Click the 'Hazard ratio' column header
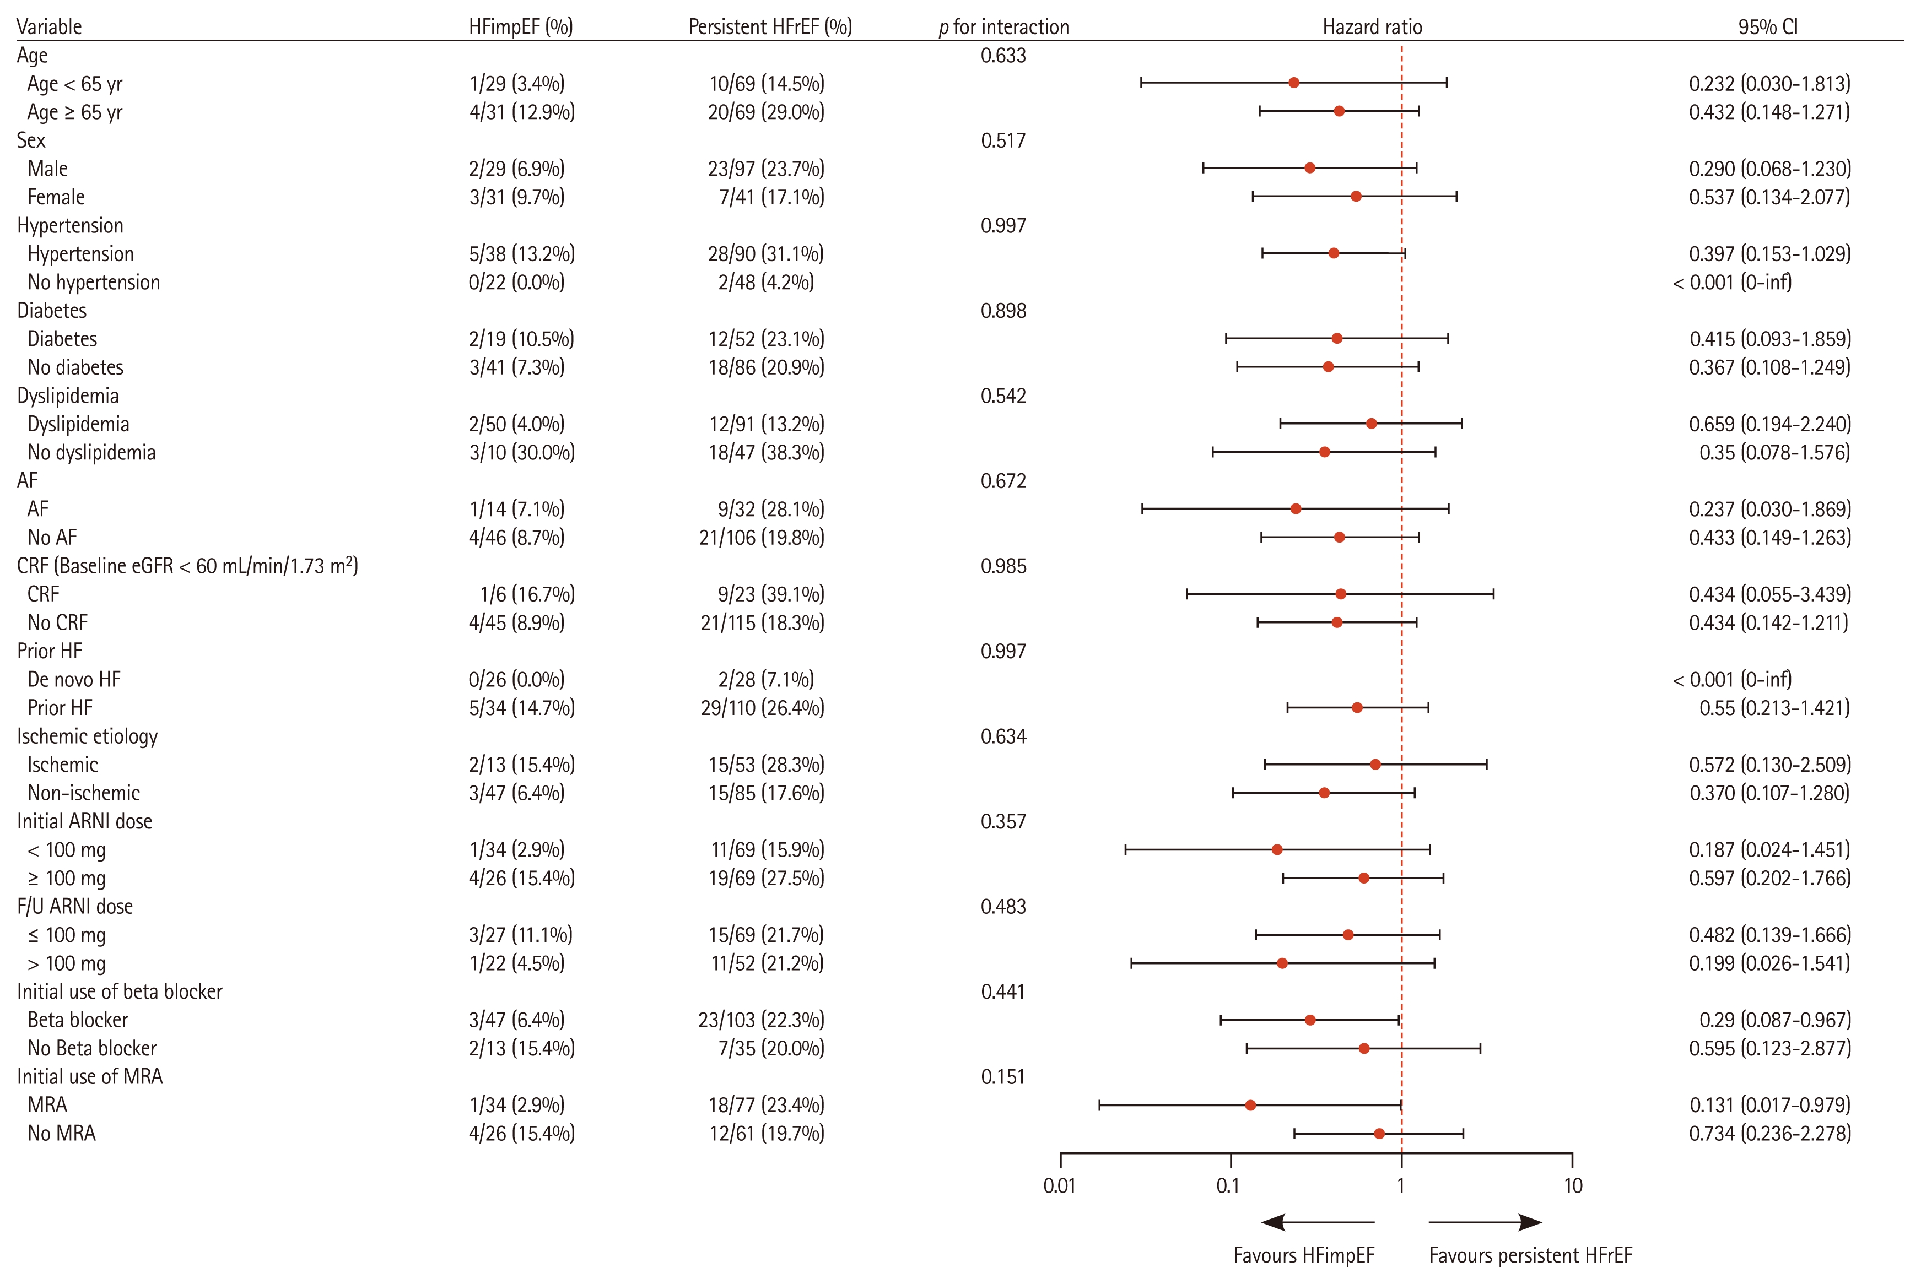[1372, 27]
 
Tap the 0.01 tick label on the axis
[1059, 1186]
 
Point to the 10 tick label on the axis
[1573, 1186]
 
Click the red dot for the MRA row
[1250, 1106]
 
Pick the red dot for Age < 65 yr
[1293, 83]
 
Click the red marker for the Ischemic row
[1375, 765]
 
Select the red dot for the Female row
[1356, 197]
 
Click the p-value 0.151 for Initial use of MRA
[1003, 1077]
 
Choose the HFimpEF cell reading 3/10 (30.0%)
[522, 453]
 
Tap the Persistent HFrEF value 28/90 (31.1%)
[766, 254]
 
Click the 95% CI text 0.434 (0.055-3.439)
[1769, 594]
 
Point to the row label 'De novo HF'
[74, 680]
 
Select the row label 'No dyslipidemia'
[91, 453]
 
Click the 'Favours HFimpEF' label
[1304, 1255]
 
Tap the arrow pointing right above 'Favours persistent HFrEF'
[1485, 1223]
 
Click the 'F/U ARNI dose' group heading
[74, 907]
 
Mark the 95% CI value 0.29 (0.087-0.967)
[1774, 1020]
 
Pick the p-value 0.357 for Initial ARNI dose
[1003, 821]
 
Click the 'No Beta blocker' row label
[91, 1048]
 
